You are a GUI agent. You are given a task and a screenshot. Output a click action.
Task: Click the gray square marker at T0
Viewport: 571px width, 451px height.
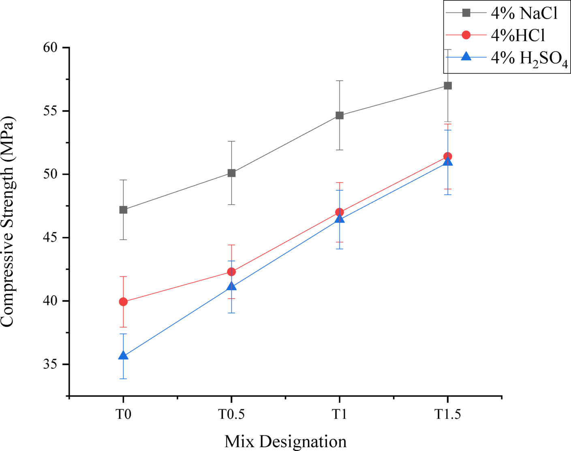click(x=123, y=210)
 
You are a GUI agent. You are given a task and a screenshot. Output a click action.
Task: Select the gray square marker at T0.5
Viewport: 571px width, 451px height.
click(x=231, y=173)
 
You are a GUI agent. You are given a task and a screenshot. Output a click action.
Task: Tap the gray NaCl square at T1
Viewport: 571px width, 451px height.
click(x=340, y=115)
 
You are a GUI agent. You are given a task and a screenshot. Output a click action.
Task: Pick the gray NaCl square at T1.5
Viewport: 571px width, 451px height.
click(x=448, y=85)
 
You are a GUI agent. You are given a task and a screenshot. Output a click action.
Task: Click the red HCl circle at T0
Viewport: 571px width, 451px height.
click(x=123, y=302)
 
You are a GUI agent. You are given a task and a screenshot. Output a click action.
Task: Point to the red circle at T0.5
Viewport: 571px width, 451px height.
click(x=231, y=272)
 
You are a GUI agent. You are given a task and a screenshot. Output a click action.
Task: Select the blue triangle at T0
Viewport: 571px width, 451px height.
click(x=123, y=356)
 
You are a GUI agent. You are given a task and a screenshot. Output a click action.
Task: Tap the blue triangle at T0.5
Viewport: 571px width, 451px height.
click(x=231, y=286)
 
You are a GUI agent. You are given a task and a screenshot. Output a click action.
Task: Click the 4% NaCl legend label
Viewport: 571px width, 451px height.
click(x=524, y=13)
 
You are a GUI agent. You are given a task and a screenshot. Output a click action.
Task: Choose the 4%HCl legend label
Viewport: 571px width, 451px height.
click(x=518, y=36)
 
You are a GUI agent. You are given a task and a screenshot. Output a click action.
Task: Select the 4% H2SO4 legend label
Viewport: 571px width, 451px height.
click(x=529, y=59)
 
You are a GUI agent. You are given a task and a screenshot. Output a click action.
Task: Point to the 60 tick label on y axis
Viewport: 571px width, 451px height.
click(x=52, y=48)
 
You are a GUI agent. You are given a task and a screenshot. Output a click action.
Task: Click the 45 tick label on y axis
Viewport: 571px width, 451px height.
click(x=52, y=238)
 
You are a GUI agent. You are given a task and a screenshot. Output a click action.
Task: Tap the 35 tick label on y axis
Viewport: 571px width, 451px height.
click(x=52, y=364)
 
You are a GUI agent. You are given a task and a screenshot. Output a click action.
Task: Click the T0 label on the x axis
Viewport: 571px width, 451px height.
click(x=123, y=415)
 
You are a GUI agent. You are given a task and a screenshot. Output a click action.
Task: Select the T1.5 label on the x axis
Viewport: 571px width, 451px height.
click(x=447, y=415)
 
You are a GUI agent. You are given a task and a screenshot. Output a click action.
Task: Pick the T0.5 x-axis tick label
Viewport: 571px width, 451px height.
click(x=231, y=415)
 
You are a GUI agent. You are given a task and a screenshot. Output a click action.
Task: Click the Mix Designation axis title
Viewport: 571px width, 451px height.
click(x=285, y=441)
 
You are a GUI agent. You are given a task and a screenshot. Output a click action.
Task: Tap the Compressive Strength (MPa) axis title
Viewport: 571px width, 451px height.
click(x=8, y=221)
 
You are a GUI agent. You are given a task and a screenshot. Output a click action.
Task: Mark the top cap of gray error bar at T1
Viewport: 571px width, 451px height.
click(x=340, y=81)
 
